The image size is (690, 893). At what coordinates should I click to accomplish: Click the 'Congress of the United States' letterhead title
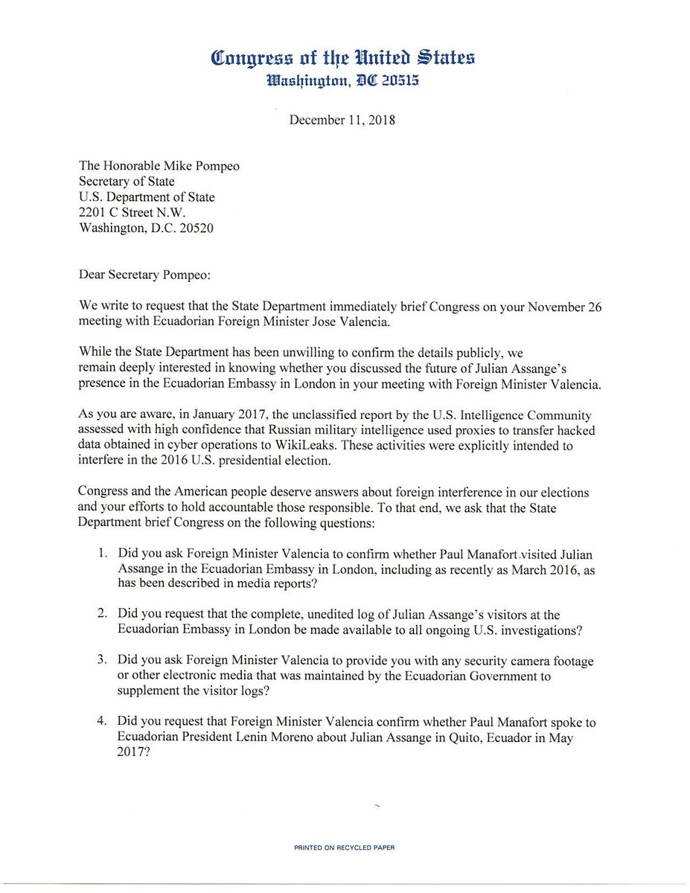(343, 57)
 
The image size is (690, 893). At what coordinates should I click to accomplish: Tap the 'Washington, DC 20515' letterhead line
(343, 82)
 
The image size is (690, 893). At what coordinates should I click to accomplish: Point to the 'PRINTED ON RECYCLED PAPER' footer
(344, 847)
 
